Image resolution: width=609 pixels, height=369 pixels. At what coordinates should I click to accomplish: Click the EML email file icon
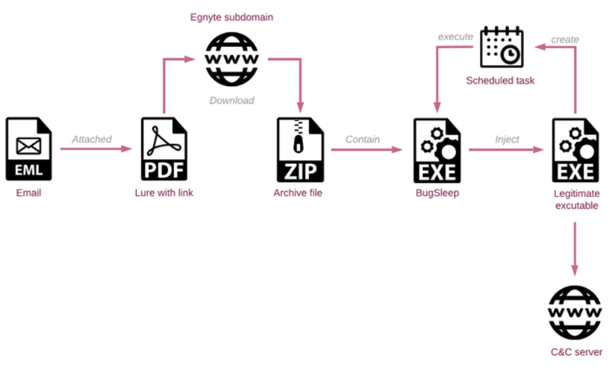point(29,149)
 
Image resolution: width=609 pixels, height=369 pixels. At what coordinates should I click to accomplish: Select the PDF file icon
point(164,149)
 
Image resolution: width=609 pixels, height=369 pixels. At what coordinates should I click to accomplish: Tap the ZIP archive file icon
point(300,150)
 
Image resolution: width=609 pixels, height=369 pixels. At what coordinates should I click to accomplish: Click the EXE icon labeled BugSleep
point(437,151)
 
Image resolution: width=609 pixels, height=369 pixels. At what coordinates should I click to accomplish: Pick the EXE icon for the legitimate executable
point(575,151)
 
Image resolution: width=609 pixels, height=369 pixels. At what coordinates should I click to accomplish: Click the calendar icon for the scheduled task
point(502,47)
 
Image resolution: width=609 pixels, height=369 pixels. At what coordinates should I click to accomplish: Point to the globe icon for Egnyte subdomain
point(232,59)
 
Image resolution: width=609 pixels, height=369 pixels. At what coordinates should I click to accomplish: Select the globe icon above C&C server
point(575,313)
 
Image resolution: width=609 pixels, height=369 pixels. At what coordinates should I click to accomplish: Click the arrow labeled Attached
point(96,149)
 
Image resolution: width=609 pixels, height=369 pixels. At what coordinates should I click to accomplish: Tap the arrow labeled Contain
point(367,150)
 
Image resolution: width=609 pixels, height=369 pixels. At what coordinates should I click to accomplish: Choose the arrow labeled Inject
point(506,150)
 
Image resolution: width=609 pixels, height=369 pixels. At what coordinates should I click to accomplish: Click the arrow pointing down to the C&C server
point(575,249)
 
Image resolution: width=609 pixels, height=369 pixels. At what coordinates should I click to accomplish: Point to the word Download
point(232,100)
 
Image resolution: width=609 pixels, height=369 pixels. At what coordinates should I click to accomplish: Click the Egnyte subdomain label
point(232,17)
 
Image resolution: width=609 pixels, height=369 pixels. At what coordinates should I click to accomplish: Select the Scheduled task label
point(500,81)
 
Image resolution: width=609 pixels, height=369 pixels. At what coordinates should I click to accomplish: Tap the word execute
point(456,37)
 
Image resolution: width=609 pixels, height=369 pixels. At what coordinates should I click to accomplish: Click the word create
point(565,40)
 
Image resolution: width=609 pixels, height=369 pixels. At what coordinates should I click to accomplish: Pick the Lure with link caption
point(164,193)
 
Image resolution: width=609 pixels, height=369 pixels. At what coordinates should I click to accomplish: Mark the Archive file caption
point(298,193)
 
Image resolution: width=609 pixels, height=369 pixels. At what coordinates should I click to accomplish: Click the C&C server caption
point(576,352)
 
